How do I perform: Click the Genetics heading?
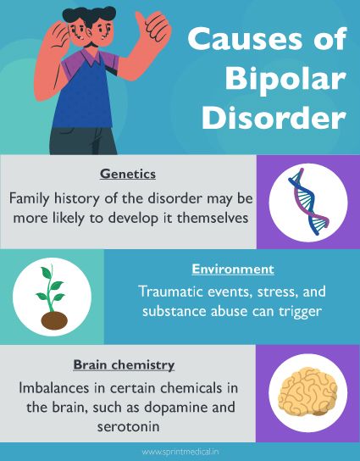pos(128,174)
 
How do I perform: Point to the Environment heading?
pos(232,269)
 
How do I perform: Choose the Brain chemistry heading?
pos(124,365)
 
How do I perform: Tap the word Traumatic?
pos(169,292)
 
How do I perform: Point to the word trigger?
pos(305,312)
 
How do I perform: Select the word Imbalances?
pos(55,388)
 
